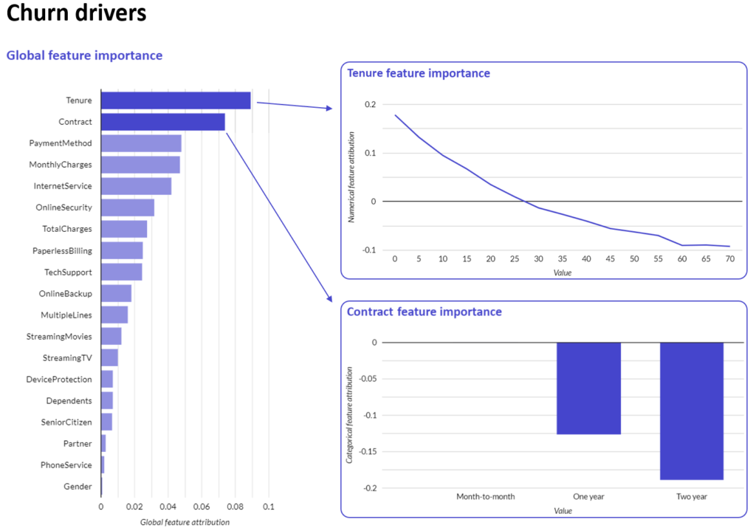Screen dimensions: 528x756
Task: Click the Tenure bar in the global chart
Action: [x=176, y=100]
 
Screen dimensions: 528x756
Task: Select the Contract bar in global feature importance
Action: [x=162, y=122]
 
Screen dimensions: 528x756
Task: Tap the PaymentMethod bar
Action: [x=141, y=143]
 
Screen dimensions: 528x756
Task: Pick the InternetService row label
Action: [x=63, y=186]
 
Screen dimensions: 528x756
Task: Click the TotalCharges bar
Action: [x=124, y=229]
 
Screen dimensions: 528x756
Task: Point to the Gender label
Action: [x=78, y=487]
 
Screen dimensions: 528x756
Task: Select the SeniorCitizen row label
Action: [x=66, y=422]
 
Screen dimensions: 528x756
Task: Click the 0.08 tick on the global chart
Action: [x=235, y=507]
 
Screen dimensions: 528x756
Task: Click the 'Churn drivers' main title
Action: [x=76, y=14]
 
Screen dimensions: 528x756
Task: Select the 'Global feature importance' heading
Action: [x=84, y=55]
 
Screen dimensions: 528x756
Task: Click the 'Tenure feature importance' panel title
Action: [x=419, y=73]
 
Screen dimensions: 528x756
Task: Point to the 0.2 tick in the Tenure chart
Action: [x=370, y=105]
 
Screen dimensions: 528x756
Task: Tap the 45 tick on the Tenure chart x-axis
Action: [x=611, y=260]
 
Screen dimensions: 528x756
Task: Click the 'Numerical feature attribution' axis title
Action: [x=352, y=177]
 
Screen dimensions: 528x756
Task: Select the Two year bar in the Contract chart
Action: [x=692, y=411]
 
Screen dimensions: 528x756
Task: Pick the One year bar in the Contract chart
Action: [x=588, y=388]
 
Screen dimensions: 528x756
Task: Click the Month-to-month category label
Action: [x=485, y=497]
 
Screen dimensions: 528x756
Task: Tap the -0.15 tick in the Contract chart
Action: [x=367, y=451]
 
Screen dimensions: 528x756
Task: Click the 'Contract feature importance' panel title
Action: [x=425, y=312]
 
